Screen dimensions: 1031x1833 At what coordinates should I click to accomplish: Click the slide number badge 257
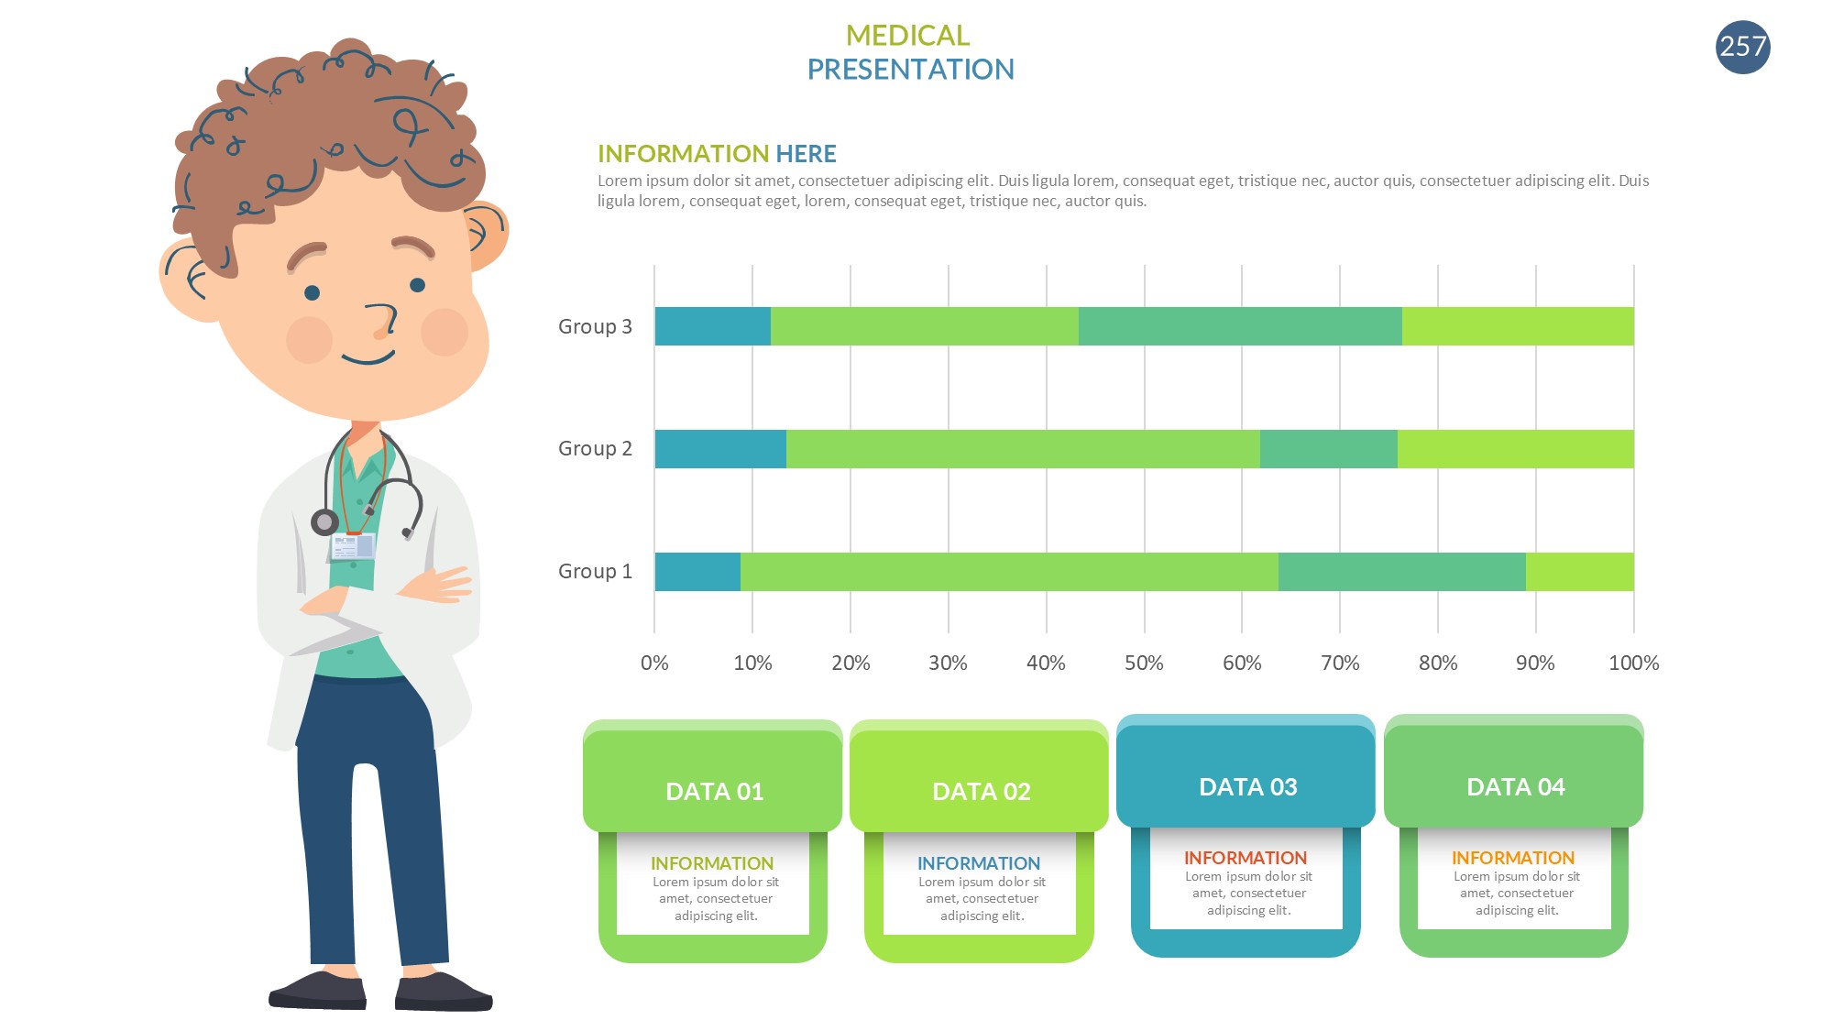[x=1742, y=47]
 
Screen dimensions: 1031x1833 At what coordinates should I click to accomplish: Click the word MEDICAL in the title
[x=907, y=36]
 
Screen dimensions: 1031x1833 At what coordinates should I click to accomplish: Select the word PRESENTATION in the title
[x=910, y=70]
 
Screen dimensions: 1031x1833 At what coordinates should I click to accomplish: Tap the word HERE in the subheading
[x=806, y=154]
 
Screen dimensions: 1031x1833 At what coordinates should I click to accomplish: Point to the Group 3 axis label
[x=595, y=327]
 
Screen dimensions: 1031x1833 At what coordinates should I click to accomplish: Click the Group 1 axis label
[x=595, y=572]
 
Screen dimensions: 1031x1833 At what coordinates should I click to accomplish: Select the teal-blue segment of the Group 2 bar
[x=720, y=449]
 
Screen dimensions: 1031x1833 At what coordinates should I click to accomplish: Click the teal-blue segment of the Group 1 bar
[x=697, y=572]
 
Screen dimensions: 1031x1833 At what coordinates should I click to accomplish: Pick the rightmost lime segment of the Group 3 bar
[x=1517, y=327]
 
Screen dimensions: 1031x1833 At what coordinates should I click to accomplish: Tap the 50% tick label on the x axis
[x=1144, y=664]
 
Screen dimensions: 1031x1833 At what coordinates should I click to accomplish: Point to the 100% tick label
[x=1633, y=664]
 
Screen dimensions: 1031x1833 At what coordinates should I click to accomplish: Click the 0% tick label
[x=654, y=664]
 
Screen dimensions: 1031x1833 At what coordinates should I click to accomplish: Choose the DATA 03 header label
[x=1247, y=787]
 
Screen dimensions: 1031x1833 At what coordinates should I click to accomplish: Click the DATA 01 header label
[x=714, y=792]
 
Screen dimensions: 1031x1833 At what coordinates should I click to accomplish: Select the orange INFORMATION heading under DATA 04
[x=1513, y=859]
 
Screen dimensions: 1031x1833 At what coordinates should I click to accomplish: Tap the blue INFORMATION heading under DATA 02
[x=979, y=864]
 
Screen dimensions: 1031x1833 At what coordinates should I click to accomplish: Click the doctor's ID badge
[x=353, y=546]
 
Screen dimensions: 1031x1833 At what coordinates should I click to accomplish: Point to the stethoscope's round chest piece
[x=324, y=522]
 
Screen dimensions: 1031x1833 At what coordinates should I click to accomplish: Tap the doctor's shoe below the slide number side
[x=443, y=992]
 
